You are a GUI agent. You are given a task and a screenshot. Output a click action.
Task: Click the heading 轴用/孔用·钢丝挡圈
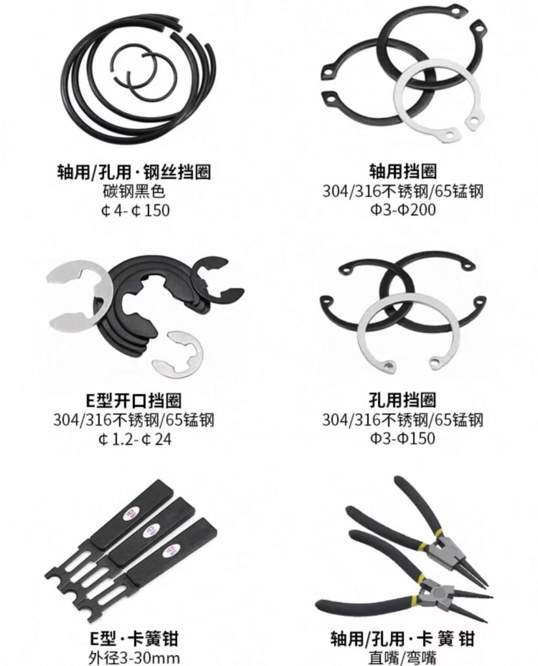134,172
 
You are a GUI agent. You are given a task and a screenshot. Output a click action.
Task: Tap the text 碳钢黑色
134,191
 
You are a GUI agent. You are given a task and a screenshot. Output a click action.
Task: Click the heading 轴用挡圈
403,172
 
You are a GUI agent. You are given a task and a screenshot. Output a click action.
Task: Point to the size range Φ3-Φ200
403,209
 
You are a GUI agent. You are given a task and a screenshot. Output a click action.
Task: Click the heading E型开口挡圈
134,401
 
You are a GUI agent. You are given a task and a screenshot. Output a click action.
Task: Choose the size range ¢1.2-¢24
134,439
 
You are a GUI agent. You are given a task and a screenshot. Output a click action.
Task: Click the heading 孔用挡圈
403,400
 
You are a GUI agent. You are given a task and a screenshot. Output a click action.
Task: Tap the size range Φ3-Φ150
403,438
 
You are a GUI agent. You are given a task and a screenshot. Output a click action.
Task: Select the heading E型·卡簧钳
134,639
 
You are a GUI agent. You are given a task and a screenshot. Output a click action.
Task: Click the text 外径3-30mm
134,658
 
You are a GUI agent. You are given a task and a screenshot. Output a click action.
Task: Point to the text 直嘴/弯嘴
403,658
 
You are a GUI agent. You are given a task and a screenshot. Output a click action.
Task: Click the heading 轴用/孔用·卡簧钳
403,639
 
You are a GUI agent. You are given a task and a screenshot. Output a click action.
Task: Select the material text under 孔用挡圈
403,420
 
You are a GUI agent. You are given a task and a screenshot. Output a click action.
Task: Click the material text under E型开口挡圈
134,420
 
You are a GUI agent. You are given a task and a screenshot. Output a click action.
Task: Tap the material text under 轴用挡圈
403,191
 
